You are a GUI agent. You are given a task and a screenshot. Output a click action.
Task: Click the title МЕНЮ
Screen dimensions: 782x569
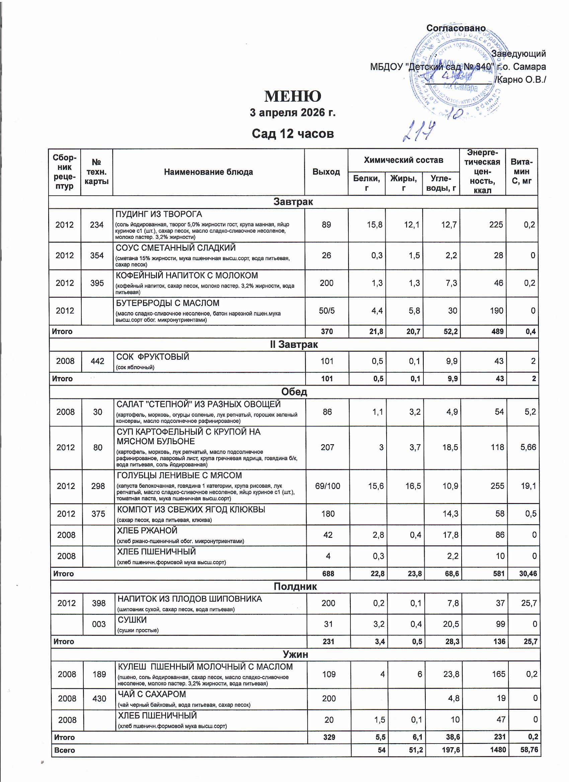[293, 96]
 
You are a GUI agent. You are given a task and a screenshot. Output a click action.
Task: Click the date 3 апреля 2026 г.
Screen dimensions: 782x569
[293, 113]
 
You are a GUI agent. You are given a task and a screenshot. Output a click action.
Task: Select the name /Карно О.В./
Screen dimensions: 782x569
[520, 80]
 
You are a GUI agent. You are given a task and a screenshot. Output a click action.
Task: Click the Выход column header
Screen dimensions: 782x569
[326, 172]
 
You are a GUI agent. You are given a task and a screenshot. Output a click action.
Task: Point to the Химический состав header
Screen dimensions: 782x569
[403, 160]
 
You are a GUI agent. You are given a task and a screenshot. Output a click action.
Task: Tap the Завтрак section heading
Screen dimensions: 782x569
[293, 202]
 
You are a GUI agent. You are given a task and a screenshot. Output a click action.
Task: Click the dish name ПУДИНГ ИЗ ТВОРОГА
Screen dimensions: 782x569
[159, 214]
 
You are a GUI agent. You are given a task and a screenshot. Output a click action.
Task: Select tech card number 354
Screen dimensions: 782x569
[97, 256]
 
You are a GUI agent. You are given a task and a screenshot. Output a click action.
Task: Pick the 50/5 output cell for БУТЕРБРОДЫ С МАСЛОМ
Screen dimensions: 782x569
[326, 311]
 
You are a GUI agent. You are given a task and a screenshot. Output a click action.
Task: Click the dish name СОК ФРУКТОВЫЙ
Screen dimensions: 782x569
[153, 357]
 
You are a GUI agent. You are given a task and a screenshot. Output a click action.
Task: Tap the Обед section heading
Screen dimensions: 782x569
[294, 392]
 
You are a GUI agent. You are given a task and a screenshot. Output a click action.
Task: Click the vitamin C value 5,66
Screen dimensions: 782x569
[528, 447]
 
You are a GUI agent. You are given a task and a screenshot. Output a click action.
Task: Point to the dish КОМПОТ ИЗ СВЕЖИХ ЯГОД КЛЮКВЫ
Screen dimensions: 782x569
[191, 510]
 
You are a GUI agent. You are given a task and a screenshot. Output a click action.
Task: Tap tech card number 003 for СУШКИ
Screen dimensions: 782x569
[99, 624]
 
